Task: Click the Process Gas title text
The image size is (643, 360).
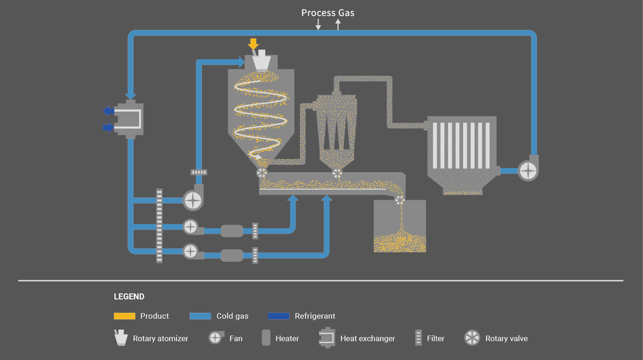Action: pos(327,13)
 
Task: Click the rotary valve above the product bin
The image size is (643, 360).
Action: pos(399,200)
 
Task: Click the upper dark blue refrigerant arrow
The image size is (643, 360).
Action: pos(109,111)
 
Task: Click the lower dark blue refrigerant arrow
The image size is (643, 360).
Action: pos(109,128)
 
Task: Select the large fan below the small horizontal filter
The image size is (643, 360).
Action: pos(193,200)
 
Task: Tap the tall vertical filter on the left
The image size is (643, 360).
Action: pos(159,225)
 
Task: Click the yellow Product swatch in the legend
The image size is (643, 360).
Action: pos(124,316)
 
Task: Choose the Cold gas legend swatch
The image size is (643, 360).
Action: pos(200,316)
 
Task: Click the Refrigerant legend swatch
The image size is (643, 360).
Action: pos(278,316)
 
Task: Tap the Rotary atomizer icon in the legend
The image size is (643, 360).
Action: pos(119,337)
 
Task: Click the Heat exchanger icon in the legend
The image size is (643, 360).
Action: pos(327,337)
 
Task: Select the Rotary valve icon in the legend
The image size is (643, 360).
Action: pos(472,338)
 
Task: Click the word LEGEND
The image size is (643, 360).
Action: pos(129,297)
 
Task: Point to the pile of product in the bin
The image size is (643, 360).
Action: pos(399,243)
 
